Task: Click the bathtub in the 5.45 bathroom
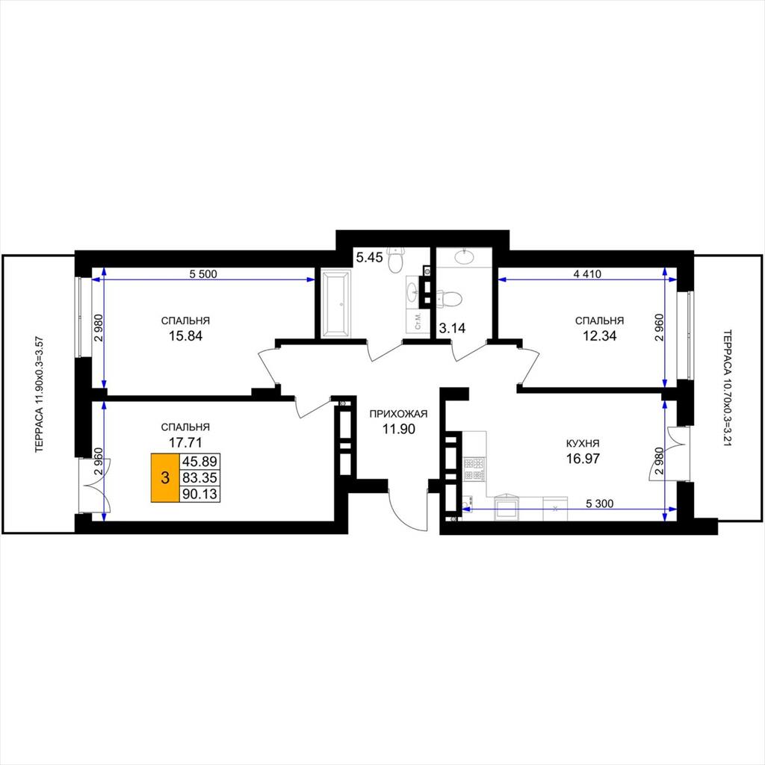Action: (336, 303)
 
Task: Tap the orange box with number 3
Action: (165, 477)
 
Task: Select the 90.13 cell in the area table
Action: (199, 495)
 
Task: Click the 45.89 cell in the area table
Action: (199, 462)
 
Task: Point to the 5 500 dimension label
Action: (203, 274)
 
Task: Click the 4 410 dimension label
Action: (587, 274)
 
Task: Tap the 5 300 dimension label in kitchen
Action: (600, 504)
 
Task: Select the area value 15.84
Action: (185, 335)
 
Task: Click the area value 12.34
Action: (600, 335)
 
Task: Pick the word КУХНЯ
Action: (583, 444)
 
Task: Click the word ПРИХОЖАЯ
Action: (398, 414)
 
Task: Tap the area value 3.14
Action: (452, 329)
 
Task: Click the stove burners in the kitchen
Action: (474, 469)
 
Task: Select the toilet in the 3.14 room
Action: (449, 299)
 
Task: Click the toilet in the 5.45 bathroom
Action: (396, 259)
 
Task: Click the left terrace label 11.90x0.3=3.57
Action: (40, 394)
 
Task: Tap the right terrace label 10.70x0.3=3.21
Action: (727, 388)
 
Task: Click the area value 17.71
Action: (185, 442)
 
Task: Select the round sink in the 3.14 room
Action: (464, 257)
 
